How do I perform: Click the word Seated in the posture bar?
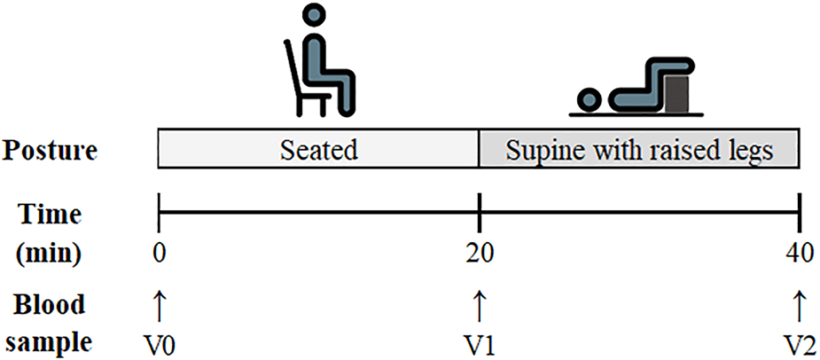318,149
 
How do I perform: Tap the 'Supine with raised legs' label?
639,149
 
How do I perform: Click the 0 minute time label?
159,254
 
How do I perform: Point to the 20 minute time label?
480,254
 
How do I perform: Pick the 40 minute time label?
799,254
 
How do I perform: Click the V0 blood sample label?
159,341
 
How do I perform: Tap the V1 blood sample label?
480,341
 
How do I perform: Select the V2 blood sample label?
799,341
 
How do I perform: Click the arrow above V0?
159,305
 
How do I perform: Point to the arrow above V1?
480,305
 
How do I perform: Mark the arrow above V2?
799,305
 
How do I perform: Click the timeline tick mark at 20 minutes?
480,215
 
